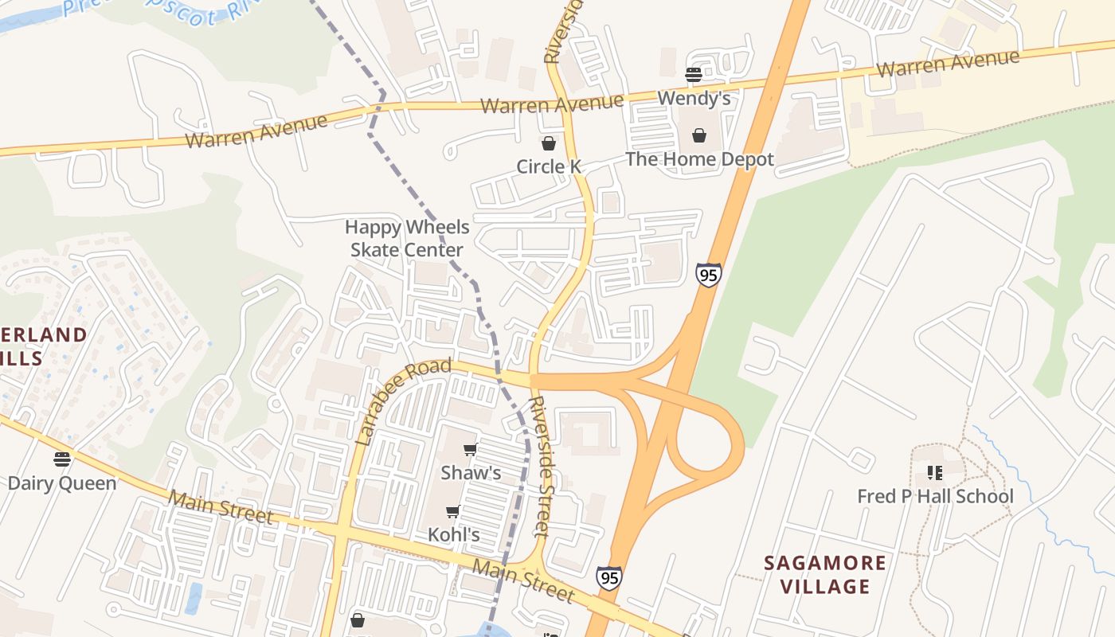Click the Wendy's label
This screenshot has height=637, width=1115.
click(694, 99)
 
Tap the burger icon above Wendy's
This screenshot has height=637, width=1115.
click(693, 75)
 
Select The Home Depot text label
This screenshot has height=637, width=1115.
click(699, 159)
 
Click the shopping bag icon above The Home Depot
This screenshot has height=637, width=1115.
click(699, 136)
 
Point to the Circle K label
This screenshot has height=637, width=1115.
click(549, 166)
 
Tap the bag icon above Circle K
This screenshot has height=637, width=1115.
click(549, 143)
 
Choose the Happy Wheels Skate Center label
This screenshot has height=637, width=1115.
click(407, 238)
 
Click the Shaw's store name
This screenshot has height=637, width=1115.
click(471, 473)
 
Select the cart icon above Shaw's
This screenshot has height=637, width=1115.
click(471, 450)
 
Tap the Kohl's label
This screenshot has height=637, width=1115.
click(454, 534)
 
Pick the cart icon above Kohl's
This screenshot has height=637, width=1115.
click(453, 511)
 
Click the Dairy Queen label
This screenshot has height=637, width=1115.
click(62, 483)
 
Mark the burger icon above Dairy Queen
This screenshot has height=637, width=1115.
click(62, 459)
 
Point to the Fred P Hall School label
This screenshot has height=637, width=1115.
click(935, 497)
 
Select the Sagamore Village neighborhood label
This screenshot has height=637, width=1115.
click(824, 575)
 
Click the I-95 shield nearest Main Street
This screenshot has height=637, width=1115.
click(609, 577)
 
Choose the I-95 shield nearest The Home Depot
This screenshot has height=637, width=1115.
click(708, 275)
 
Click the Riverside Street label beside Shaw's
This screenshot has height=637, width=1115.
click(540, 466)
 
